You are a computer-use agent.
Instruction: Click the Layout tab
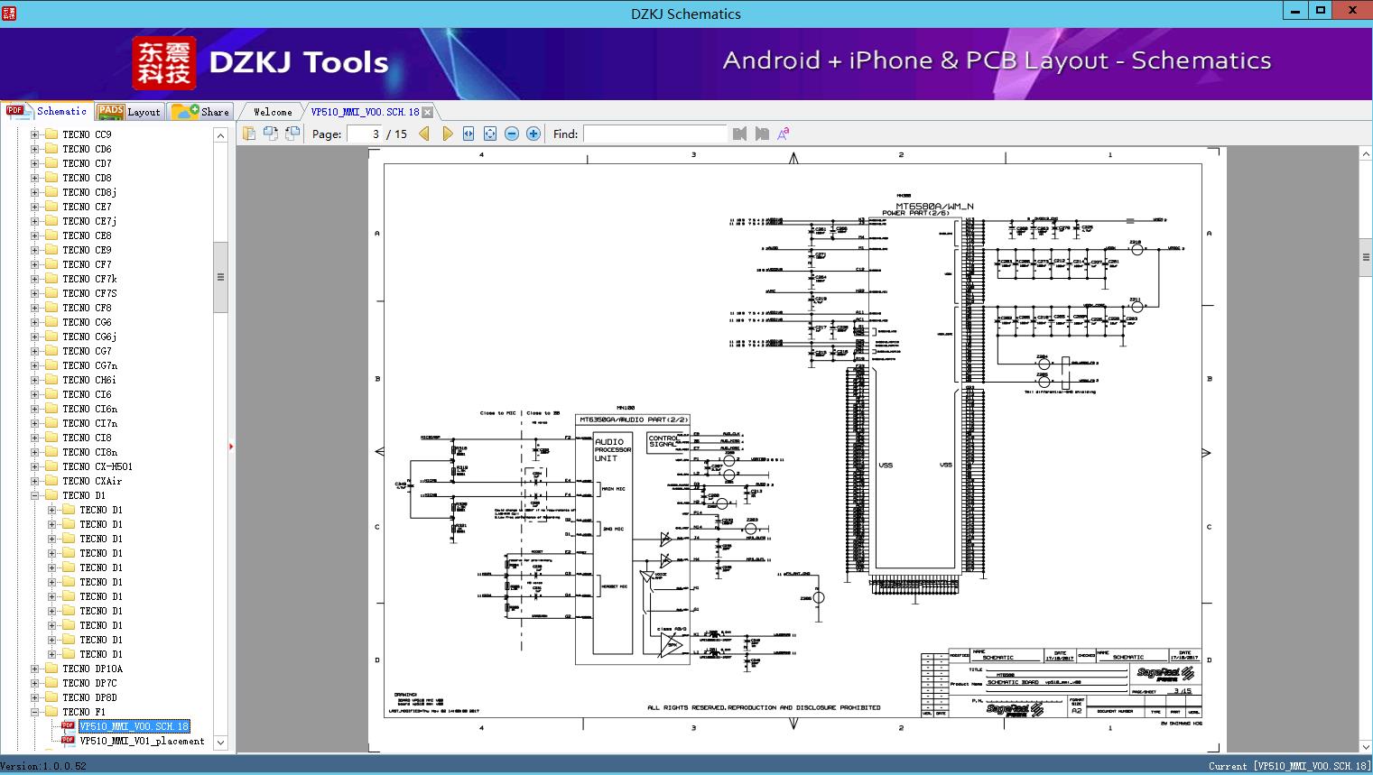click(129, 112)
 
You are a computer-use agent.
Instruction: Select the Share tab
click(201, 112)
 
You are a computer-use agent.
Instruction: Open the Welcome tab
click(273, 112)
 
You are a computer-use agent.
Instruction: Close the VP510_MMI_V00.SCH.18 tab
click(428, 112)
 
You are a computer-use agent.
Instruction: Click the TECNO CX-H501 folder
click(97, 466)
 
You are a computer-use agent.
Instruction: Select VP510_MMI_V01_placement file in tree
click(142, 741)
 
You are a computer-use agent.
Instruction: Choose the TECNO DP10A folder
click(92, 669)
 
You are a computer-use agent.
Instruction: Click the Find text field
click(654, 134)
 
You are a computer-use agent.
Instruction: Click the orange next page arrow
click(447, 134)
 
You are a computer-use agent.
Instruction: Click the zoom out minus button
click(512, 134)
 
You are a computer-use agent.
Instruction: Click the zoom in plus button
click(533, 134)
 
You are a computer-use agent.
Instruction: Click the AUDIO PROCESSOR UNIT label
click(612, 449)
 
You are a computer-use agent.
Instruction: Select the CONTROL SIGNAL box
click(663, 441)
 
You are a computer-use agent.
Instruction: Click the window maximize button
click(1321, 11)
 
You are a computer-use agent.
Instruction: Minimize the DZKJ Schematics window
click(1294, 11)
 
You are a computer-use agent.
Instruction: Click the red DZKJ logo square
click(163, 63)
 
